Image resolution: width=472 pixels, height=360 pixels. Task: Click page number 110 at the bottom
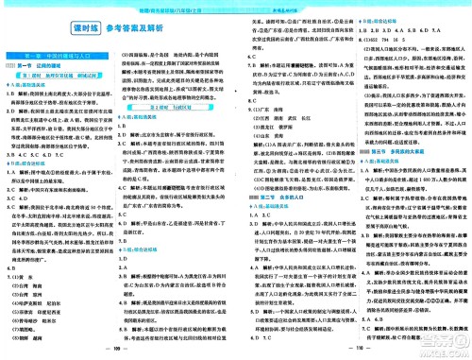click(x=351, y=349)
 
